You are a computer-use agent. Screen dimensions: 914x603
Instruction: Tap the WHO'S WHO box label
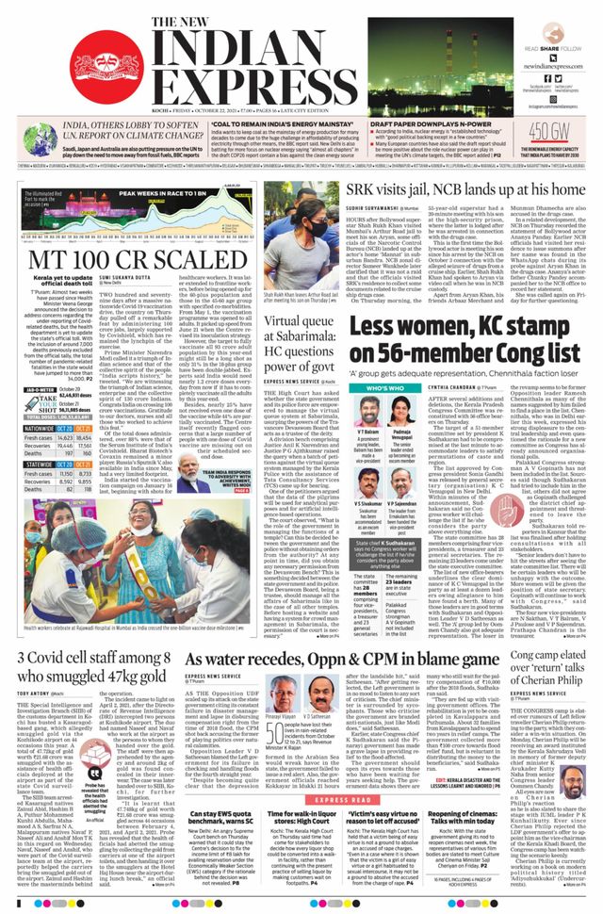[x=384, y=387]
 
